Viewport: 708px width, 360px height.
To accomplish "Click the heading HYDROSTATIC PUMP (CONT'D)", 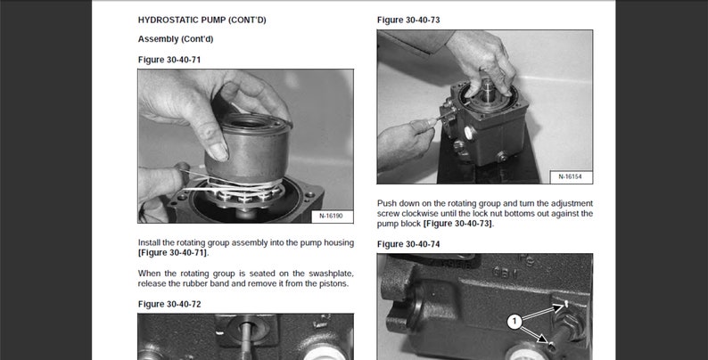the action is point(202,20).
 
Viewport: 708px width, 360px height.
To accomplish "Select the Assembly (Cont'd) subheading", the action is point(176,39).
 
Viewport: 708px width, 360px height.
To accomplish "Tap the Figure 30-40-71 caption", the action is point(169,60).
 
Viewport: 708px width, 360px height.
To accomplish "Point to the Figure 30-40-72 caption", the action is point(169,304).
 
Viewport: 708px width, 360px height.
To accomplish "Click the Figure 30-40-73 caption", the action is point(408,20).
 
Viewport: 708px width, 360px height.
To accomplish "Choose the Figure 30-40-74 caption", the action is point(408,244).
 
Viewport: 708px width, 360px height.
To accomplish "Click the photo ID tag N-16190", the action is point(331,217).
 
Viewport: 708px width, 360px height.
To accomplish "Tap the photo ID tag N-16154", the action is point(570,176).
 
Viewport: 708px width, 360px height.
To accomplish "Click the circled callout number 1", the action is point(515,322).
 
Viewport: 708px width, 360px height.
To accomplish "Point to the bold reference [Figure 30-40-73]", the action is point(458,224).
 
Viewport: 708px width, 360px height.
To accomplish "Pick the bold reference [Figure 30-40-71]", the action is point(173,253).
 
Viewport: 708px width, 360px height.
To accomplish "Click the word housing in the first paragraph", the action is point(338,242).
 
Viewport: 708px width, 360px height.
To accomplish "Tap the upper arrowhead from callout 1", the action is point(561,306).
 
